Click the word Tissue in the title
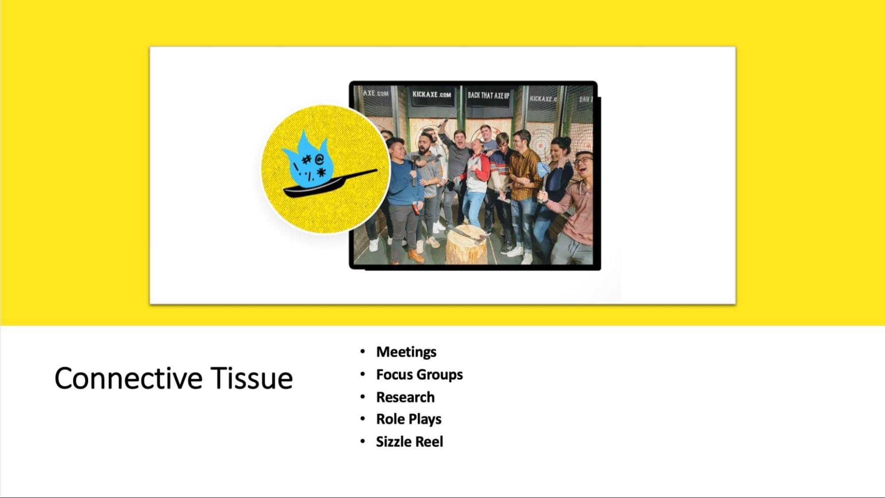tap(251, 378)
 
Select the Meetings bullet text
tap(406, 352)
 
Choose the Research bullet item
tap(405, 397)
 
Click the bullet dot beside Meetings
tap(363, 351)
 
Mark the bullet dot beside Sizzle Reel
tap(363, 441)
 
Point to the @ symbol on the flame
tap(319, 159)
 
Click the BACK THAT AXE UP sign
tap(488, 95)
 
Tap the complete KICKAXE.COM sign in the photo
tap(432, 94)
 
